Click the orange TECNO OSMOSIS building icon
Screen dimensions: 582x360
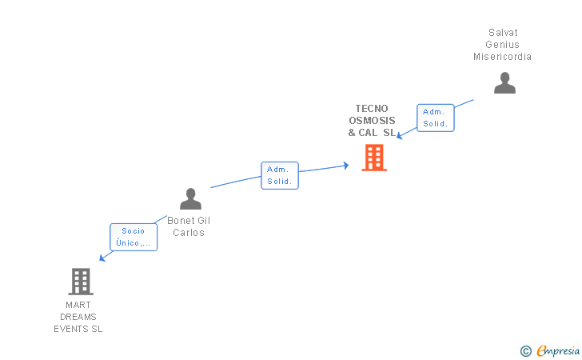tap(373, 158)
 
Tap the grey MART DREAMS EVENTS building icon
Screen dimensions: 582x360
tap(80, 281)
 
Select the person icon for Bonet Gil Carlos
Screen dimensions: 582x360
tap(190, 198)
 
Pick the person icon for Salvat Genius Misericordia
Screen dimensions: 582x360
tap(504, 83)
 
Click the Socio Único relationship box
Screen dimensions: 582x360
tap(134, 237)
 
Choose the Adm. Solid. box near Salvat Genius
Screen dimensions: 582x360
tap(436, 118)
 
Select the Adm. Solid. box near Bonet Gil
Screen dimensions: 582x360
tap(280, 175)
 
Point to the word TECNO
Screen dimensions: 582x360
tap(372, 109)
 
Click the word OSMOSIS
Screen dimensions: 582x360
tap(372, 121)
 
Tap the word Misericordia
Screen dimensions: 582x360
tap(502, 57)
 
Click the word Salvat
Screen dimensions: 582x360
tap(503, 33)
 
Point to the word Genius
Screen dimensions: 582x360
tap(503, 45)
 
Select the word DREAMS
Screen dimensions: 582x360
tap(78, 317)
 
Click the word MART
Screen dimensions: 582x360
tap(78, 305)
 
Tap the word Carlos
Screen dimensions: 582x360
tap(189, 233)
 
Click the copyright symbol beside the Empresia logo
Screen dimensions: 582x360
tap(525, 350)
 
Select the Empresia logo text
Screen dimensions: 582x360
tap(558, 350)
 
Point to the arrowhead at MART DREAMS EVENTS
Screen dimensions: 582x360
tap(102, 258)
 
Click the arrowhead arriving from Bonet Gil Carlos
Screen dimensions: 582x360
tap(345, 165)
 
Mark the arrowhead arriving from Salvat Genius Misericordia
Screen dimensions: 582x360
tap(400, 135)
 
